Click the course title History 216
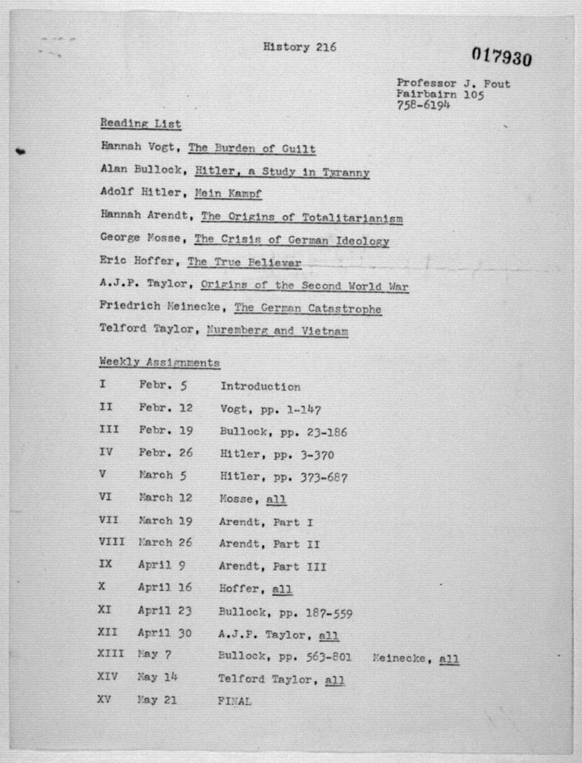coord(299,47)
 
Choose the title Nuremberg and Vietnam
coord(277,331)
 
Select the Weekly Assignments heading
coord(159,362)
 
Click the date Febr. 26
coord(166,453)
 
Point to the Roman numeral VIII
coord(111,541)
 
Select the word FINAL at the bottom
coord(234,701)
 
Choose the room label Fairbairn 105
coord(440,94)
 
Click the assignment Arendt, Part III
coord(272,566)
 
